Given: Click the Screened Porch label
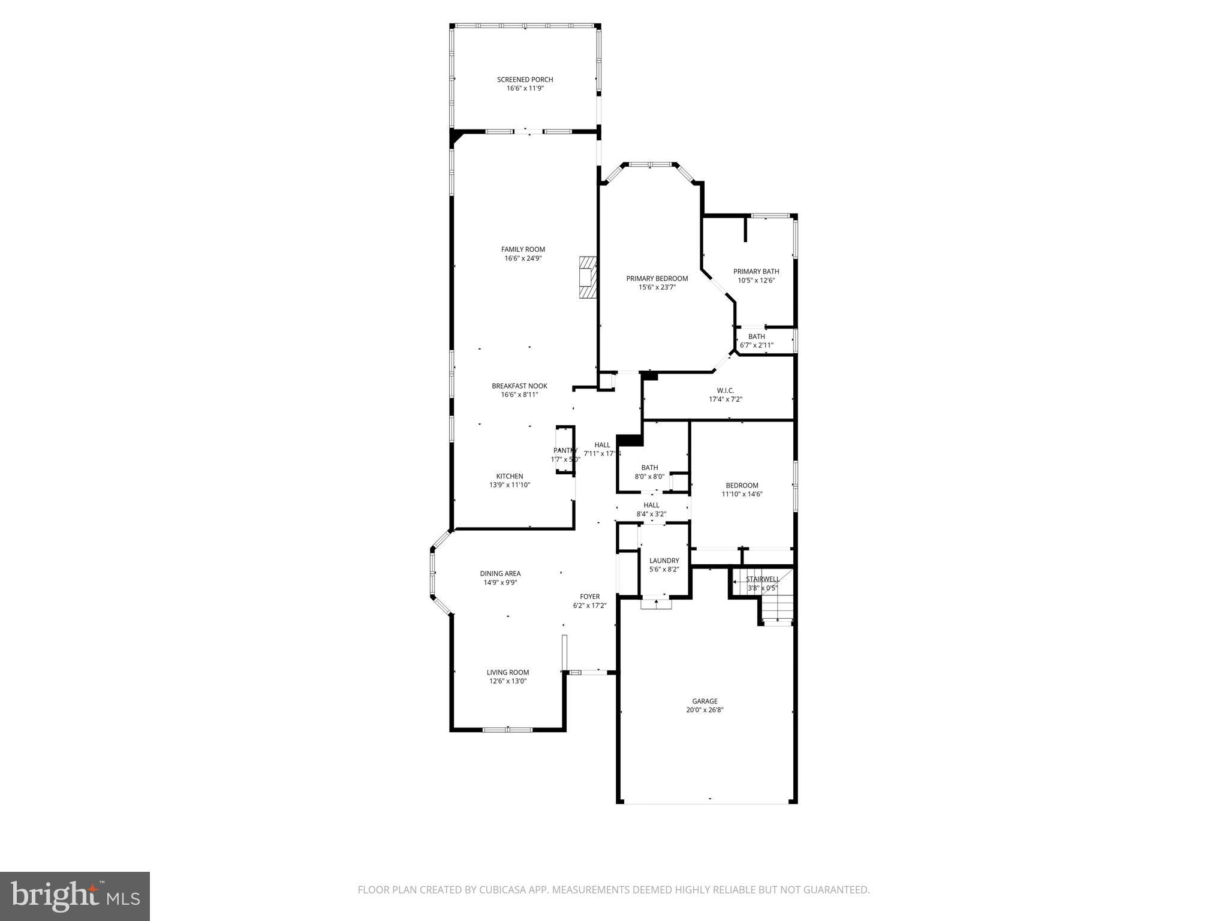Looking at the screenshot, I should (525, 80).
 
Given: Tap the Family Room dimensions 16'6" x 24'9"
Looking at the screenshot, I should (523, 258).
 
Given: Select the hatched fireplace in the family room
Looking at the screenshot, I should (588, 277).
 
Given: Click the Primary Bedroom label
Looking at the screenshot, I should (657, 278).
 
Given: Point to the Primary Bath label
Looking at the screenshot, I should (756, 272).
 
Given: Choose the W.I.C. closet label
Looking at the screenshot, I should (725, 390).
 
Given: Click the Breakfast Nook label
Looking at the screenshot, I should (519, 386).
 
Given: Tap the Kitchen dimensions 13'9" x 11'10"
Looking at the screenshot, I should (510, 485).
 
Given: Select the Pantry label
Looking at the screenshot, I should (565, 450).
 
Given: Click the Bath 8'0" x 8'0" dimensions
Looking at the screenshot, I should (649, 477).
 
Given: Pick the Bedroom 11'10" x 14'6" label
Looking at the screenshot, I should (742, 486).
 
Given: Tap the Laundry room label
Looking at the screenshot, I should (664, 561).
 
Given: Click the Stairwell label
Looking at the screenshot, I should (762, 579).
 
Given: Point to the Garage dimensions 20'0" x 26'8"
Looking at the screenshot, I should (705, 710).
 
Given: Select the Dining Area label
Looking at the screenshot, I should (500, 574).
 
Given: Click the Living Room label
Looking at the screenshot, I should (507, 672).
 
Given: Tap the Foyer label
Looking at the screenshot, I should (589, 597).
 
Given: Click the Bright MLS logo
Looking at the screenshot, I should (75, 895).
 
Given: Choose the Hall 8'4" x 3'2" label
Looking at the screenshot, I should (651, 505).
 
